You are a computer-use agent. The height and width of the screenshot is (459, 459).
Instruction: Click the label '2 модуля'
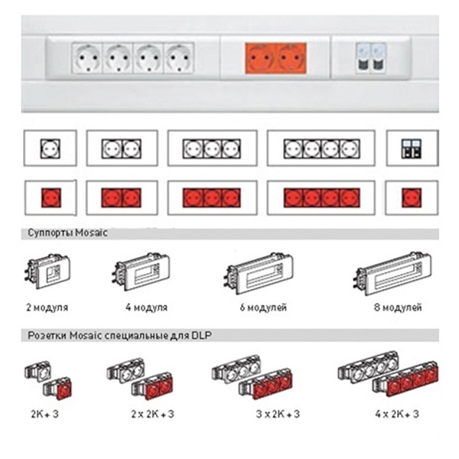point(47,308)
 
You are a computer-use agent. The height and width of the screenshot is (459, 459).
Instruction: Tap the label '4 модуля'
point(147,308)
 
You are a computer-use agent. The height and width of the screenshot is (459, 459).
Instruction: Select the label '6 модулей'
point(263,308)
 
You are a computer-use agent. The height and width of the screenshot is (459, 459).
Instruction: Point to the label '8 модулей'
point(398,308)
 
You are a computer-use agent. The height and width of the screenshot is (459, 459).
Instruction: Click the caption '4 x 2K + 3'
point(397,414)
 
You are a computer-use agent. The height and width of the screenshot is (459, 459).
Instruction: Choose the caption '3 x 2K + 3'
point(278,414)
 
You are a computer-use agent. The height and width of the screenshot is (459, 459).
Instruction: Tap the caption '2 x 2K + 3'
point(152,414)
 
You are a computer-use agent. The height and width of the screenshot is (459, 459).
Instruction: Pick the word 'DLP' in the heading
point(201,335)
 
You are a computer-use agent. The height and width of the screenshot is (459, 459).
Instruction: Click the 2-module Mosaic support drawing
point(47,272)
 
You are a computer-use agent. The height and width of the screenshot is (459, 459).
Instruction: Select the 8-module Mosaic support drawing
point(393,273)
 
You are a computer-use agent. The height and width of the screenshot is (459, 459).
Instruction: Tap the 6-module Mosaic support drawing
point(259,273)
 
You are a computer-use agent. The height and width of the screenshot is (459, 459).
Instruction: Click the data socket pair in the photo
point(371,57)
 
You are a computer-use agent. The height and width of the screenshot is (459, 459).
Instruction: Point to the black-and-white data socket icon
point(412,148)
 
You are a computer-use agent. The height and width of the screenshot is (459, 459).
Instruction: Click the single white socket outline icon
point(50,148)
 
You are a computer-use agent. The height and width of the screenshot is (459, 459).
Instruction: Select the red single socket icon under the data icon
point(412,198)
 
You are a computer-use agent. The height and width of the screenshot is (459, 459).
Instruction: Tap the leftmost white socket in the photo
point(87,57)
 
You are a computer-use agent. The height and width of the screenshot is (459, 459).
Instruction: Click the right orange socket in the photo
point(291,57)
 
